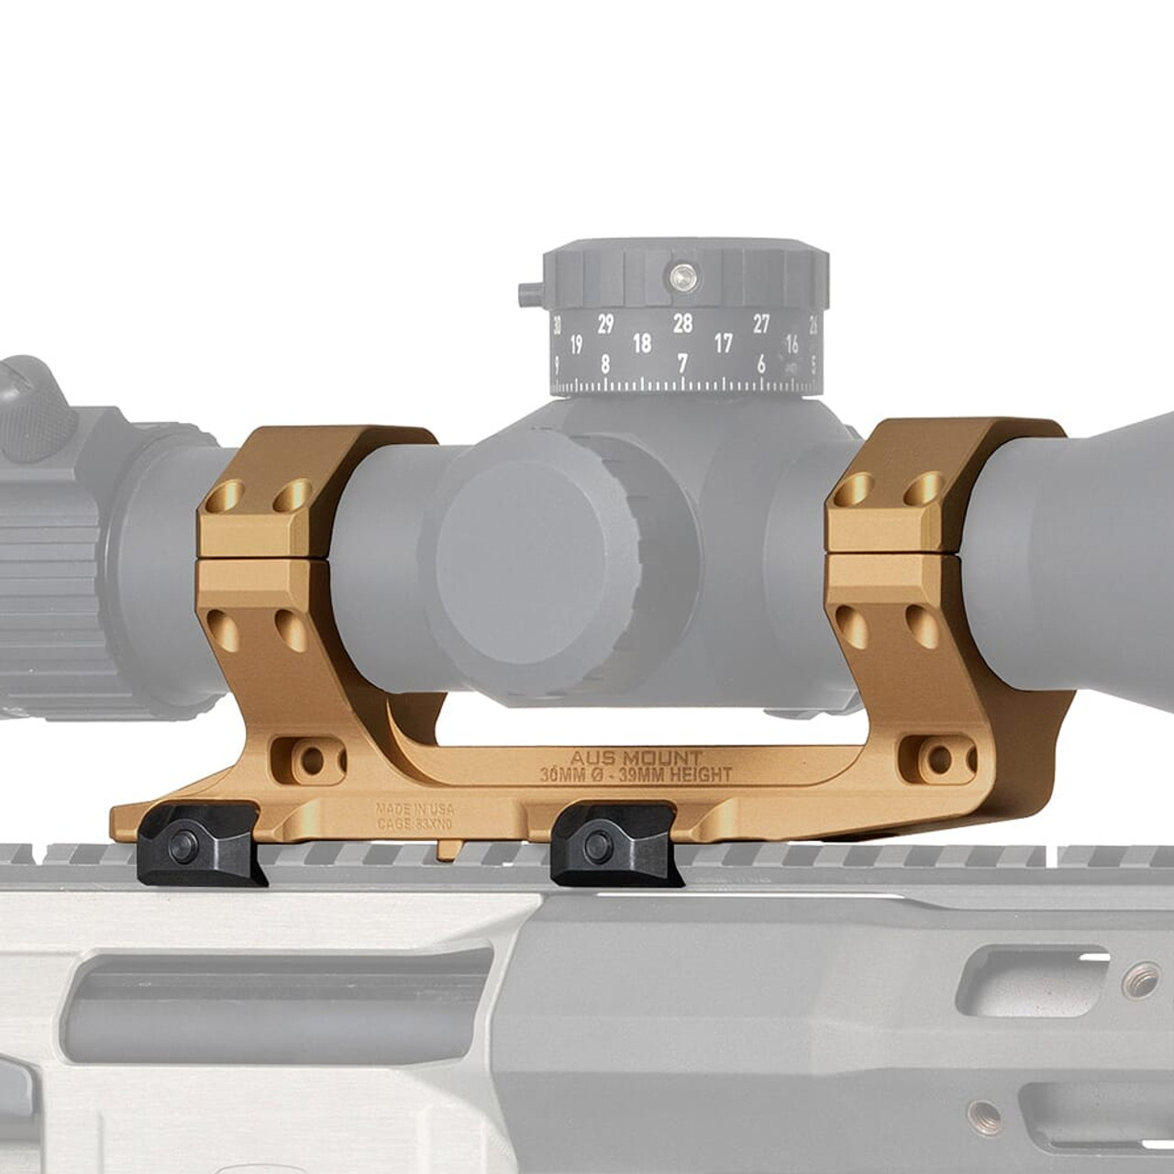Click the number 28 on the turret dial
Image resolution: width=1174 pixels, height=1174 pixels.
coord(681,323)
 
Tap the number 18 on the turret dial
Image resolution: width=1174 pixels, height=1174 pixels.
coord(642,343)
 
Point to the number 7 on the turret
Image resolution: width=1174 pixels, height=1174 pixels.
coord(681,364)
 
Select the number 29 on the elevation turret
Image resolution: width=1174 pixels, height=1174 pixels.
coord(604,324)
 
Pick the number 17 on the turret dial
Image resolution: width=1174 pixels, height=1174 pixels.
coord(723,344)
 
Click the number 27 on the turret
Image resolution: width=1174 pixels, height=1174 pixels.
coord(761,324)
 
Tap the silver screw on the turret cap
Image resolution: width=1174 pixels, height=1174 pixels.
coord(682,272)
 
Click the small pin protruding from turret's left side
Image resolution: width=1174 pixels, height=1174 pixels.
coord(527,294)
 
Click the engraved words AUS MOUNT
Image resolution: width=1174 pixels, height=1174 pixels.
coord(636,759)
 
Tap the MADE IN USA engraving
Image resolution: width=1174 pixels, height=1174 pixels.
coord(415,810)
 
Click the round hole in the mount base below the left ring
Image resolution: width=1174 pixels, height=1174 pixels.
coord(313,759)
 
